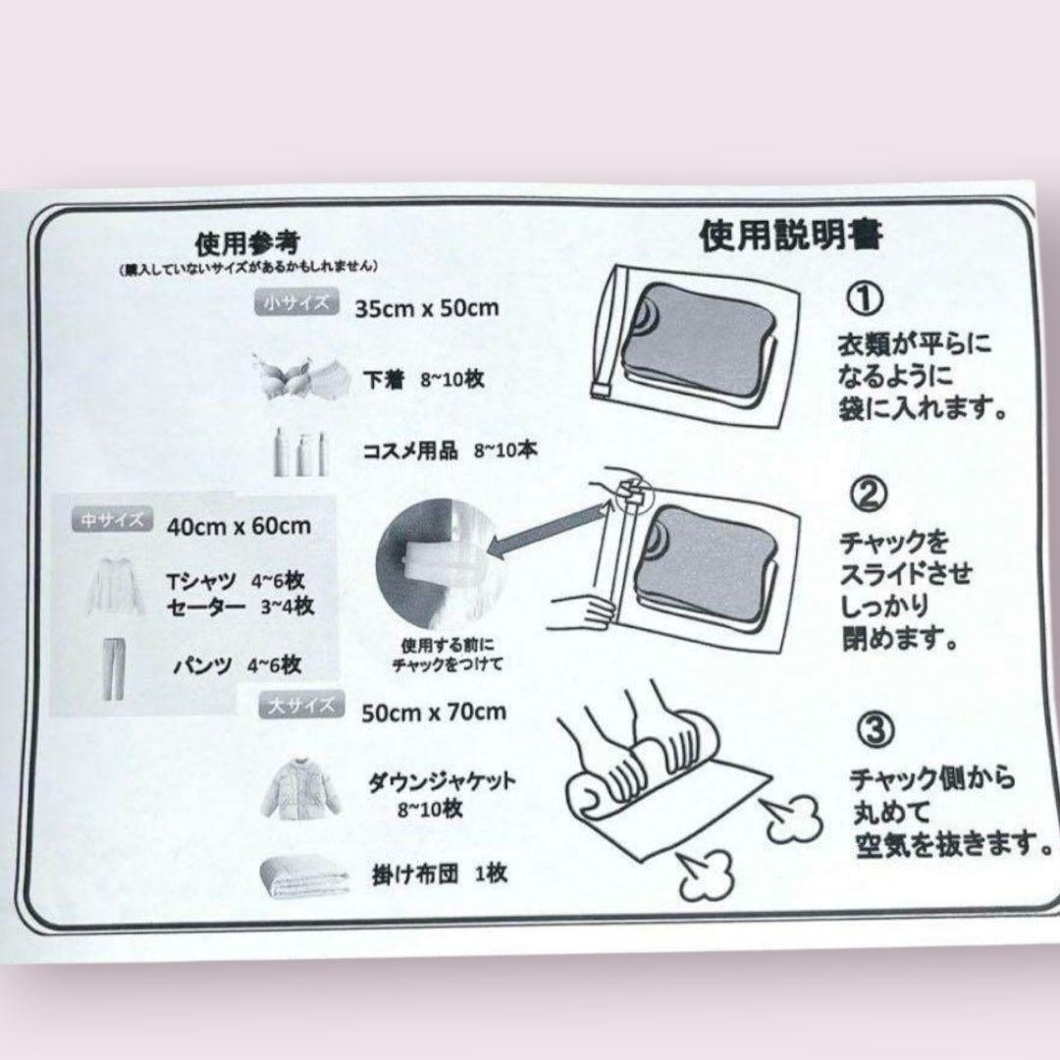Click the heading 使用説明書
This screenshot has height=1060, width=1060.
coord(791,236)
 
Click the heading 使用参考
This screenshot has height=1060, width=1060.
coord(246,241)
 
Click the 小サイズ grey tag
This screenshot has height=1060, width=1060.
coord(298,302)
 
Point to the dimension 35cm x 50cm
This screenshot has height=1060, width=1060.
coord(427,308)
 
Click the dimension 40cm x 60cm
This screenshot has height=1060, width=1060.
coord(238,525)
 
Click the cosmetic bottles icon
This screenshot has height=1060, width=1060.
coord(297,451)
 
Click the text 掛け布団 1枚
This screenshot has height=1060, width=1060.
coord(439,873)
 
